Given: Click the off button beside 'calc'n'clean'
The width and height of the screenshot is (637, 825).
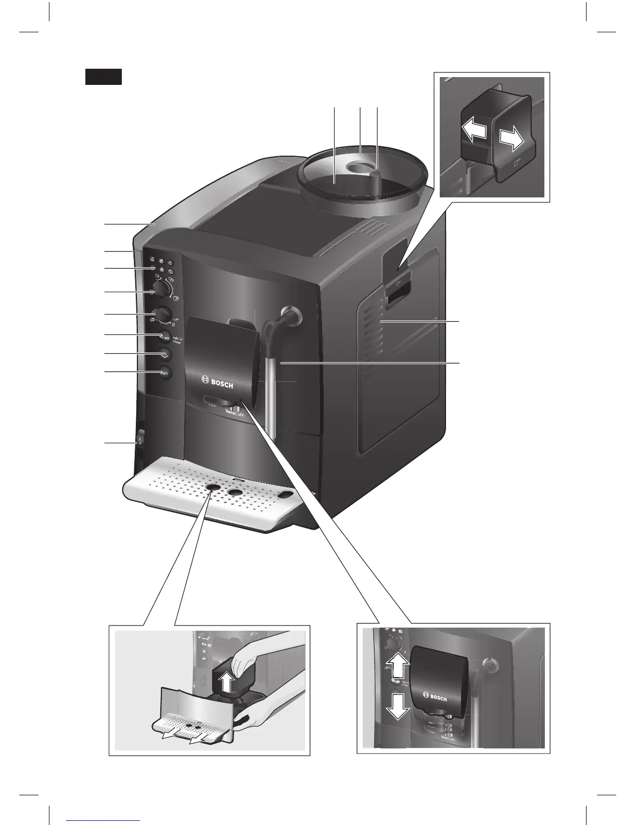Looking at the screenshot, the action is point(164,335).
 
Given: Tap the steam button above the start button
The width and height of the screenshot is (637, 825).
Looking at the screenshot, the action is point(164,354).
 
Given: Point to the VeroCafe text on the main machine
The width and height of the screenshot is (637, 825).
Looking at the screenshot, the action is point(235,415).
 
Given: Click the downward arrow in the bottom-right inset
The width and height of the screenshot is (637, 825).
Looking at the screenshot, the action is point(397,706).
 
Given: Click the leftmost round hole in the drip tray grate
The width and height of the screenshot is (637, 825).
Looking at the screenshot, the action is point(213,487).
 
